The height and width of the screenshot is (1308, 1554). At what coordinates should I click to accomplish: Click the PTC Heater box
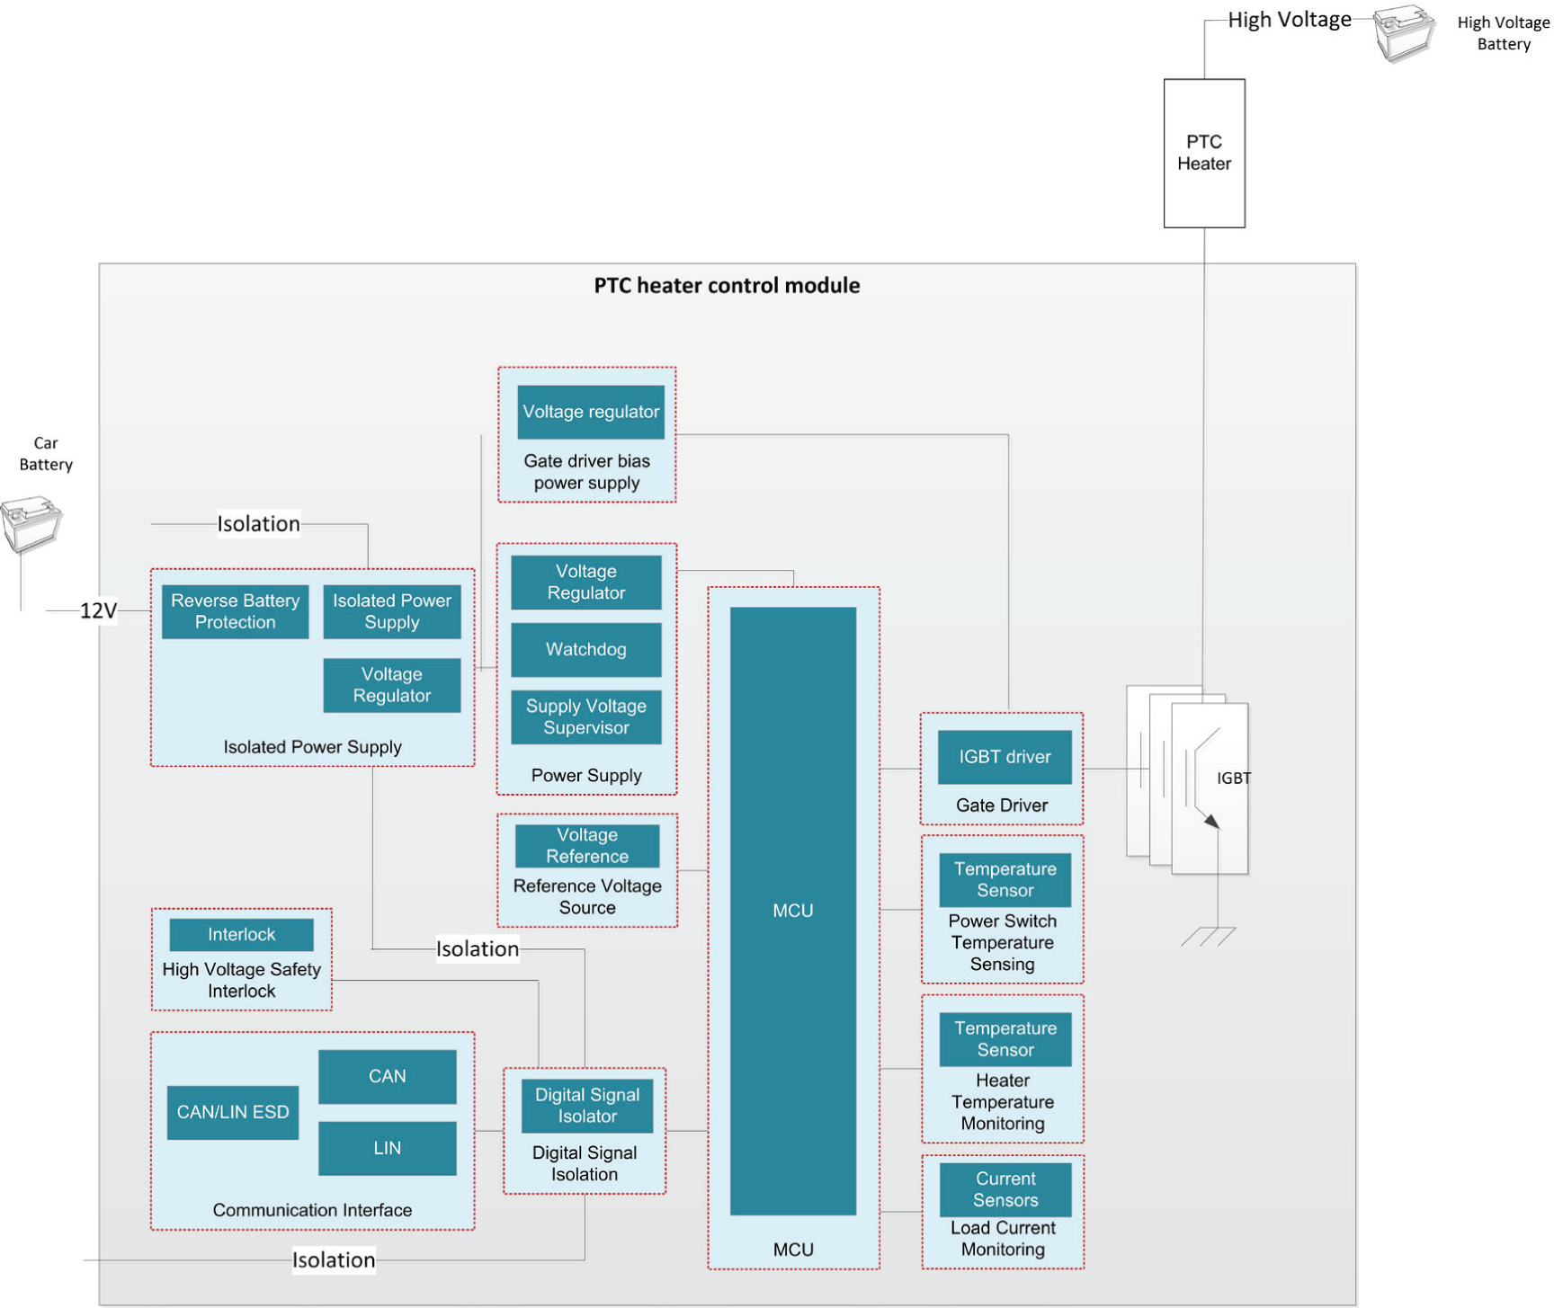1203,153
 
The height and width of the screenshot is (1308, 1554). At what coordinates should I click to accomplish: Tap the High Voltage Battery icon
1403,33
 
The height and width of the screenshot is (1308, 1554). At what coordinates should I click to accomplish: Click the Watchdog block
585,649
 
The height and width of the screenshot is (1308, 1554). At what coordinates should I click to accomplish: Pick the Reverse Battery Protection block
235,611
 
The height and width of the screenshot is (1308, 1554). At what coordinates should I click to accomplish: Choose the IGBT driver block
1004,757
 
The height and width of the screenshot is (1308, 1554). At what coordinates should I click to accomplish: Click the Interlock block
241,934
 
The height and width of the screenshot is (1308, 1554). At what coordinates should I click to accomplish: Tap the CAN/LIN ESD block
232,1112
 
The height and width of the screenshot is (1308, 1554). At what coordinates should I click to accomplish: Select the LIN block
387,1148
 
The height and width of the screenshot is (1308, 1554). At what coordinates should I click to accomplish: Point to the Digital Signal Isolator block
586,1106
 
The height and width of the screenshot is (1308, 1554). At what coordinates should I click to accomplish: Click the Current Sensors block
1005,1189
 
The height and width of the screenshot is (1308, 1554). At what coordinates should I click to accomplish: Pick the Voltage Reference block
586,846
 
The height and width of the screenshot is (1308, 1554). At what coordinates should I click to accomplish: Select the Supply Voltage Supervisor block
585,717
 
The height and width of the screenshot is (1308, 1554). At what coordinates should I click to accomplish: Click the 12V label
98,611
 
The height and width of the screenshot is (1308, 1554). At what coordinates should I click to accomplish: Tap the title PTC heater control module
727,286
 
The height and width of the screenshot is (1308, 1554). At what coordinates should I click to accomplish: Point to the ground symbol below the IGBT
1209,937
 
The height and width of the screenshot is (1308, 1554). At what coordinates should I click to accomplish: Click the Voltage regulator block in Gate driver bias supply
591,412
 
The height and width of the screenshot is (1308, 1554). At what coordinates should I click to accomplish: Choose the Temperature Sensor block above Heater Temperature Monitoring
1005,1039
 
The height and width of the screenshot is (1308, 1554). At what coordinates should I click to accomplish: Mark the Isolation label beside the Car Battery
258,524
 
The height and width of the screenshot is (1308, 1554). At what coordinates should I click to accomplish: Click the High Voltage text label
1289,20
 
